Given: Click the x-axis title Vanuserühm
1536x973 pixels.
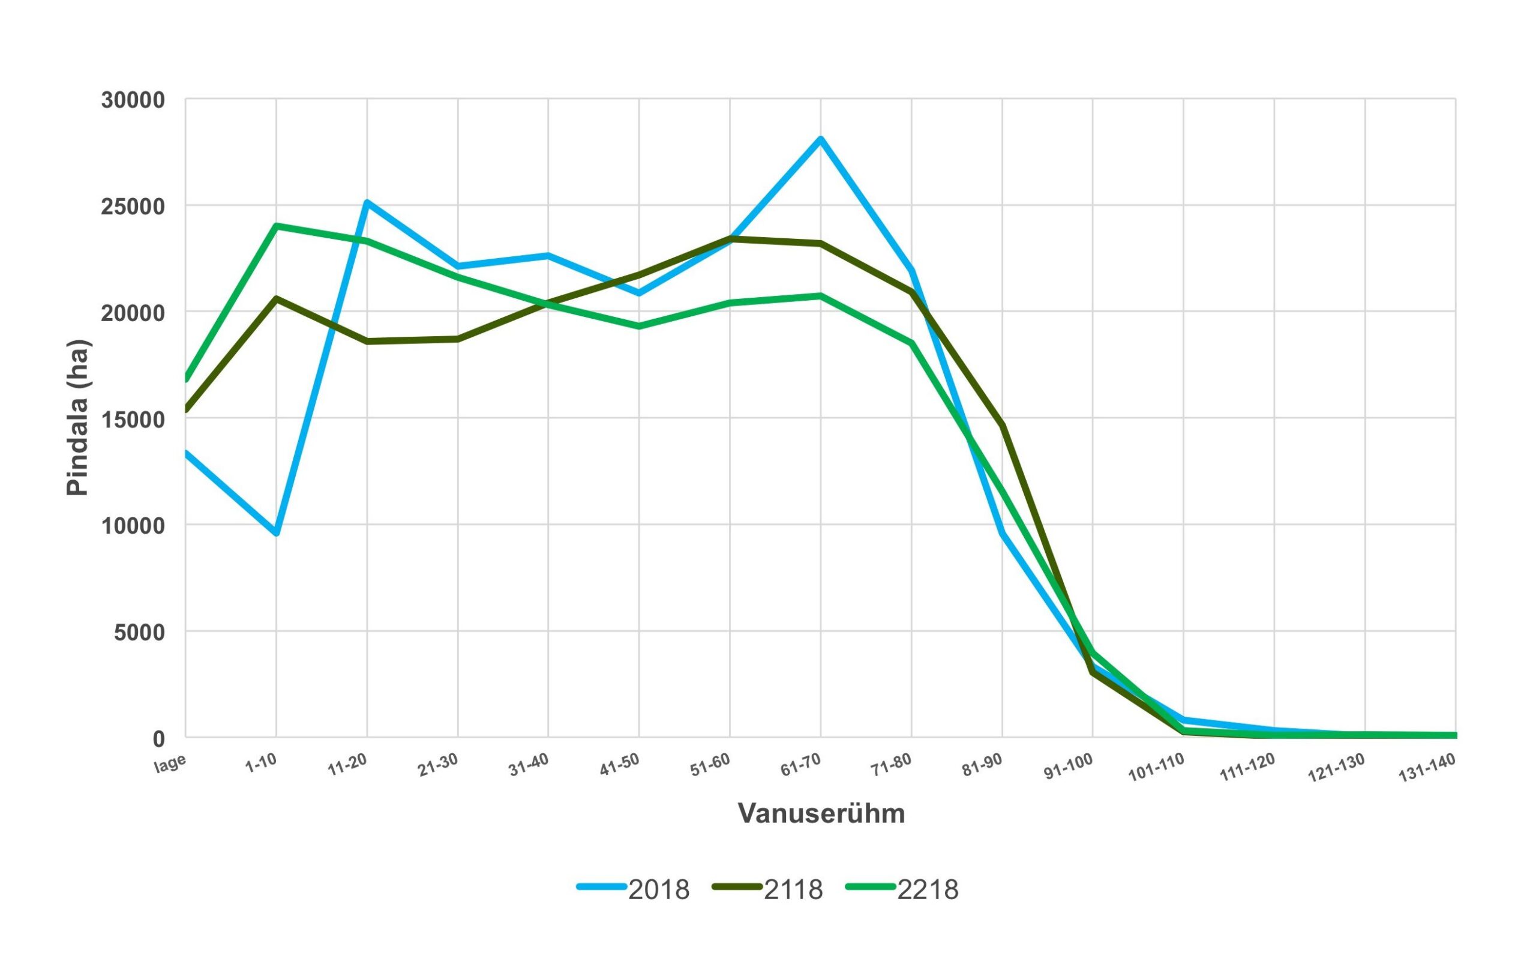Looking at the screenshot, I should pyautogui.click(x=821, y=813).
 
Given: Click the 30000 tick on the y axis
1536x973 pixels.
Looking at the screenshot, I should pyautogui.click(x=133, y=100).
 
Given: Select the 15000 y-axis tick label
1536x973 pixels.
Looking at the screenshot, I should pyautogui.click(x=133, y=419).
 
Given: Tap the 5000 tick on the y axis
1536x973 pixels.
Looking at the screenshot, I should pyautogui.click(x=139, y=632).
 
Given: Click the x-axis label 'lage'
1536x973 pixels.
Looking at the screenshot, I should pyautogui.click(x=170, y=764).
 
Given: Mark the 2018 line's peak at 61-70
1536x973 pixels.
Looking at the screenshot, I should pyautogui.click(x=821, y=139).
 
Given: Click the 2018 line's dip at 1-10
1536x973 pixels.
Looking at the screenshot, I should pyautogui.click(x=276, y=533).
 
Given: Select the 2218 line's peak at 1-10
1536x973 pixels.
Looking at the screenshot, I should pyautogui.click(x=276, y=226).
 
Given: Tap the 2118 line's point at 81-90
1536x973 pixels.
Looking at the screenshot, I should pyautogui.click(x=1003, y=426).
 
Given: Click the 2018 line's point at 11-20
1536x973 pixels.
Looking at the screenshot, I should pyautogui.click(x=367, y=202).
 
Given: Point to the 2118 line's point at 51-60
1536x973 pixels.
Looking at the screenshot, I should pyautogui.click(x=730, y=239).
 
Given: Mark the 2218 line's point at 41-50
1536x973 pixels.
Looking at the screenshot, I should pyautogui.click(x=639, y=326).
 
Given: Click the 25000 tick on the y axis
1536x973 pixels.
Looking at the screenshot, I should pyautogui.click(x=133, y=206).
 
